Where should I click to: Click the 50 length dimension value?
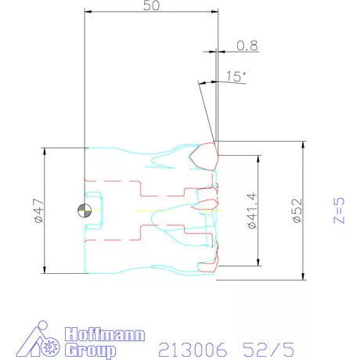[151, 5]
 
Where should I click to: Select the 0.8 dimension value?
[247, 45]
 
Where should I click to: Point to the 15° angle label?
[236, 77]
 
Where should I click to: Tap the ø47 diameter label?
[38, 211]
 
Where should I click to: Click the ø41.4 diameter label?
[253, 211]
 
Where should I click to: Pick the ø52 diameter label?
[297, 211]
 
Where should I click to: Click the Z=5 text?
[339, 211]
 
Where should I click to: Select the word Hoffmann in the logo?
[105, 334]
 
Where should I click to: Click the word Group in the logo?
[90, 351]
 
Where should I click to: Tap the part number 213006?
[193, 350]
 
